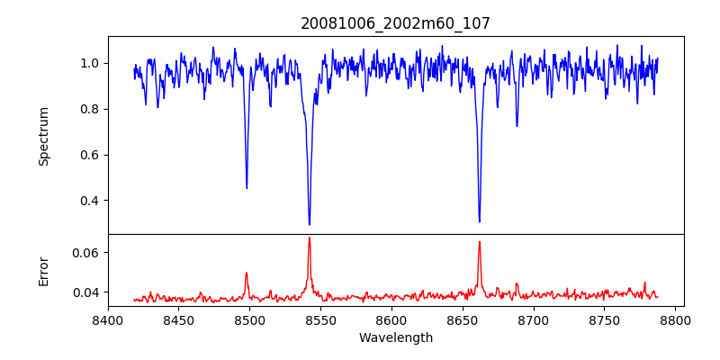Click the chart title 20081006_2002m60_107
click(x=395, y=23)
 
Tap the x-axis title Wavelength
click(x=395, y=338)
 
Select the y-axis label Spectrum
click(x=44, y=136)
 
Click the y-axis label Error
click(x=44, y=271)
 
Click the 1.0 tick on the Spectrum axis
click(x=93, y=64)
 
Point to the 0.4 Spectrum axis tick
click(x=93, y=201)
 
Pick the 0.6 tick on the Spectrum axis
click(x=93, y=155)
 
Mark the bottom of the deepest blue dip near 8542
click(x=309, y=224)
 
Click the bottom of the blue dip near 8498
click(x=247, y=188)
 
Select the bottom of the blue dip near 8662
click(x=480, y=221)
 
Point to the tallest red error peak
click(x=309, y=238)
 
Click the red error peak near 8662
click(x=480, y=241)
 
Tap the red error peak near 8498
click(x=247, y=273)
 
